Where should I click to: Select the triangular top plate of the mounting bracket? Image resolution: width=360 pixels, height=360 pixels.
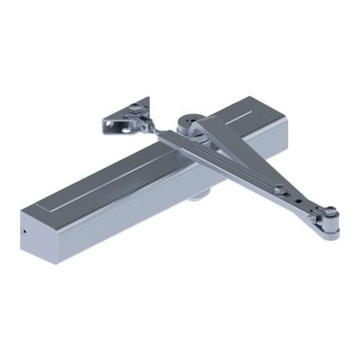pyautogui.click(x=132, y=109)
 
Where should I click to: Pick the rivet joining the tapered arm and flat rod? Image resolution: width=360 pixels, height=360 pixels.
pyautogui.click(x=278, y=190)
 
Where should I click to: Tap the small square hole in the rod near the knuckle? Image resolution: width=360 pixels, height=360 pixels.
pyautogui.click(x=309, y=216)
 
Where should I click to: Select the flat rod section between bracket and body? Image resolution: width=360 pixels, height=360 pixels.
pyautogui.click(x=172, y=139)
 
